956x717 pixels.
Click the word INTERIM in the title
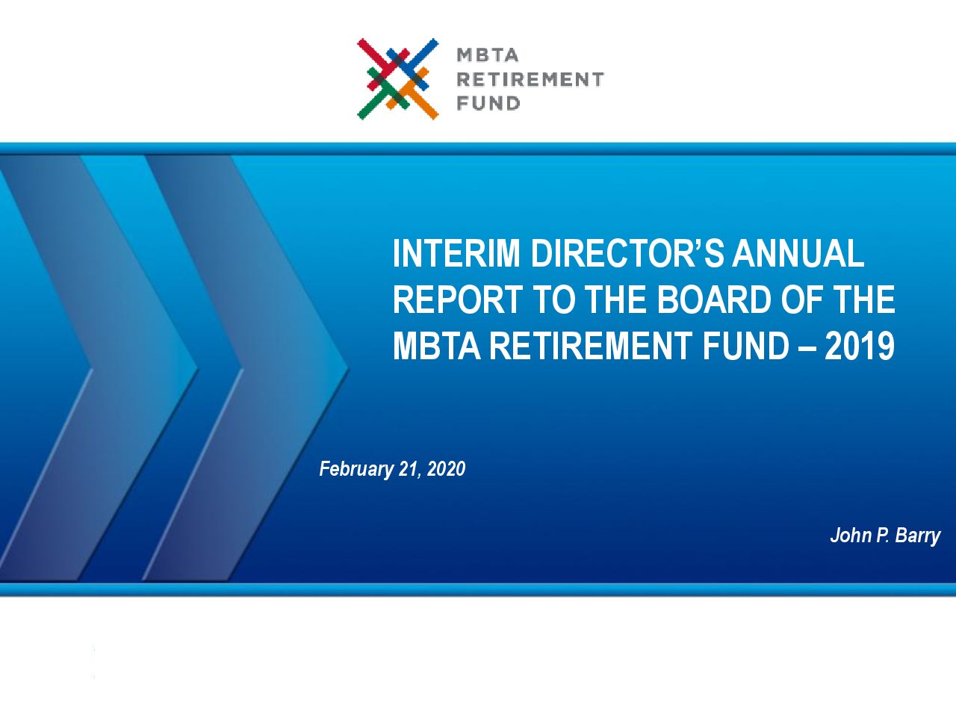[456, 253]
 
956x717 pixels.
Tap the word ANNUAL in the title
[798, 253]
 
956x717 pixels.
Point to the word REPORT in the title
[457, 299]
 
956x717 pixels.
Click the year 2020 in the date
[446, 469]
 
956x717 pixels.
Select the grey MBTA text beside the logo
[488, 55]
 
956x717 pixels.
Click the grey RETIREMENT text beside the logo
[530, 80]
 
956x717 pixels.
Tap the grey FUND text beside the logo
[488, 104]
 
